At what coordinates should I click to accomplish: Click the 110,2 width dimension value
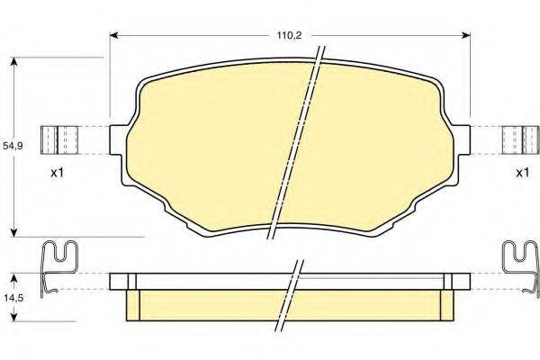point(290,35)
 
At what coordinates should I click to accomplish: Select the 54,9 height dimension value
point(13,146)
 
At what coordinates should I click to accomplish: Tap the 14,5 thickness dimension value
point(13,298)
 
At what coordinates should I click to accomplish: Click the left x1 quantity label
point(58,173)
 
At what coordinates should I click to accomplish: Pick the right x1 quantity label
point(522,173)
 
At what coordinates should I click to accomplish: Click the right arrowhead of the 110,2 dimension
point(466,35)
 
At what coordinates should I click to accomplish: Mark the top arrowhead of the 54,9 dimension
point(13,62)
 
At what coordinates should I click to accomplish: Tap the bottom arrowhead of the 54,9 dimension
point(13,232)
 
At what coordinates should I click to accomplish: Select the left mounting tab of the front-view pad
point(116,139)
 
